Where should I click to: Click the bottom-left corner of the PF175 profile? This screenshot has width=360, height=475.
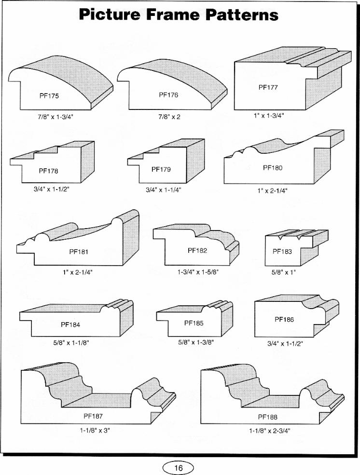point(20,109)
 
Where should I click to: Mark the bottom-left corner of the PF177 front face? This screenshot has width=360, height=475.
point(234,109)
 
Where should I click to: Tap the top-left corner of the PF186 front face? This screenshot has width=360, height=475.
point(254,301)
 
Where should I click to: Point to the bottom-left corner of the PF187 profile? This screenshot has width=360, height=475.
point(21,423)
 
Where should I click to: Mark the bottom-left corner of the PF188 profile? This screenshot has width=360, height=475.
point(201,423)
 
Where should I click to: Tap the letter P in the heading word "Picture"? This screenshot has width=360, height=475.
point(84,14)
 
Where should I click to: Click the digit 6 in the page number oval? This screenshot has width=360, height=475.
point(180,468)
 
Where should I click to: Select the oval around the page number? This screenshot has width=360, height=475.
point(178,468)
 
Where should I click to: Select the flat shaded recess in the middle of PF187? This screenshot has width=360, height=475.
point(97,400)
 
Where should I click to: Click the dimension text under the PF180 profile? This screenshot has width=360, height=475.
point(272,190)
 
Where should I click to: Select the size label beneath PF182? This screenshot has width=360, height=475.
point(198,272)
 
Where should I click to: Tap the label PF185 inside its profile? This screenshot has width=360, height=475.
point(194,323)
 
